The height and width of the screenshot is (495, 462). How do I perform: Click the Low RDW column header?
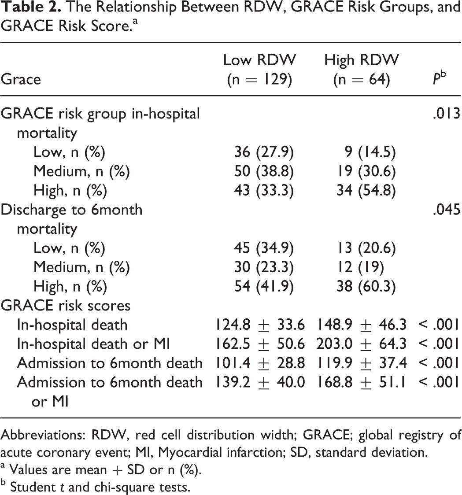(259, 70)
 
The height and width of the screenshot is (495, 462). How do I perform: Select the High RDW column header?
(362, 70)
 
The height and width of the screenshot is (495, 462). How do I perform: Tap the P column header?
(439, 78)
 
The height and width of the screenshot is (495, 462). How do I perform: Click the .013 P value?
(447, 114)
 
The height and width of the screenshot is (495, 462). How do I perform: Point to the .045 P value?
(447, 210)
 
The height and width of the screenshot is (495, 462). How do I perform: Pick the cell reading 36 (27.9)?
(264, 152)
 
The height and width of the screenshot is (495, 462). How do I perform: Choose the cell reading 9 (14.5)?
(370, 152)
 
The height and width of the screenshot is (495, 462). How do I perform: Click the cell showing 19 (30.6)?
(366, 171)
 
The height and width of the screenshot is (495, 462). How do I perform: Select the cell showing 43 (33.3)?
(264, 191)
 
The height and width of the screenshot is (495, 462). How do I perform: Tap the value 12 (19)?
(360, 267)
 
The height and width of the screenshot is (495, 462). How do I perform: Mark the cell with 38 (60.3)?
(366, 287)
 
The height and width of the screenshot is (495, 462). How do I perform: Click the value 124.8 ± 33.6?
(260, 325)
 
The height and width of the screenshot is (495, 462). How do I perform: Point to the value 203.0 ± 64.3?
(362, 344)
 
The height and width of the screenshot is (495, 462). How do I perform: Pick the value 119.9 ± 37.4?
(362, 363)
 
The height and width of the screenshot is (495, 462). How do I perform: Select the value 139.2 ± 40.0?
(260, 383)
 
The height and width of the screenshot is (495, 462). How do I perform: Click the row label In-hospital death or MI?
(93, 344)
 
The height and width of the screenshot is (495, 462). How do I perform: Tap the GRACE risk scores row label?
(66, 306)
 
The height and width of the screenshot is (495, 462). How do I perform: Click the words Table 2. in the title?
(30, 7)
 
